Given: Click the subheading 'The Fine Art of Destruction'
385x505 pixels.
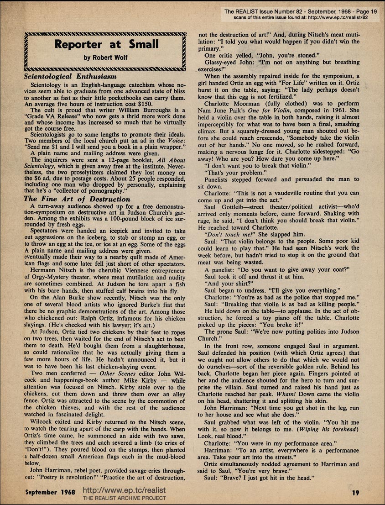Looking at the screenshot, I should click(77, 199).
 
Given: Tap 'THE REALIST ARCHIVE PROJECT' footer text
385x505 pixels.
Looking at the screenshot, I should click(124, 499).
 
